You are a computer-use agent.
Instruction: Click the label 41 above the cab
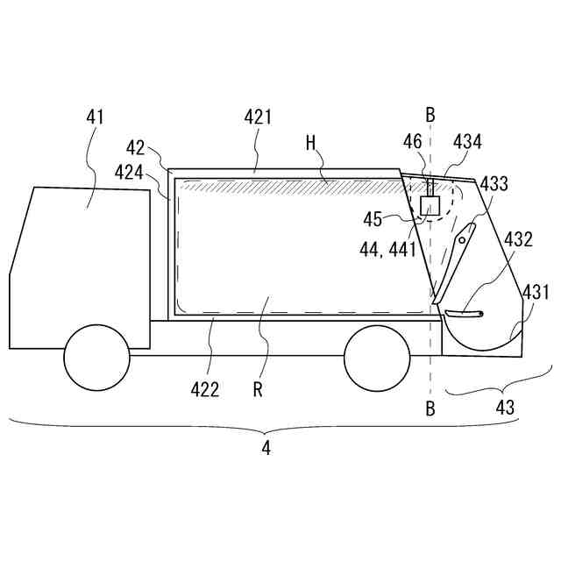pyautogui.click(x=96, y=116)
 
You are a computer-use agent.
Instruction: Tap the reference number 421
pyautogui.click(x=258, y=117)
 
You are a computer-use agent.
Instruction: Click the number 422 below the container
pyautogui.click(x=207, y=389)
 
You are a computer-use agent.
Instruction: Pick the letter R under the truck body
pyautogui.click(x=258, y=389)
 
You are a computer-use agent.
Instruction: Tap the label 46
pyautogui.click(x=412, y=141)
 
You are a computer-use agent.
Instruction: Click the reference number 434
pyautogui.click(x=467, y=141)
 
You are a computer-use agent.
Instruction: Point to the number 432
pyautogui.click(x=517, y=238)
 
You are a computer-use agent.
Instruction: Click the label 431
pyautogui.click(x=536, y=292)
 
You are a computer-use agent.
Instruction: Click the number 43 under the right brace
pyautogui.click(x=506, y=407)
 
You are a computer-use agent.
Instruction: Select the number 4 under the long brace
pyautogui.click(x=266, y=448)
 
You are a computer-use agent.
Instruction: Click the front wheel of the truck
pyautogui.click(x=96, y=358)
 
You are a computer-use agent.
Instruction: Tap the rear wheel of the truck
pyautogui.click(x=377, y=358)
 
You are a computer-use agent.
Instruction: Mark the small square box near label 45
pyautogui.click(x=430, y=206)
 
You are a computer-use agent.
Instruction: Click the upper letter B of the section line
pyautogui.click(x=430, y=114)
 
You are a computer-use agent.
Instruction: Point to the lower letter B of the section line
pyautogui.click(x=430, y=407)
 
